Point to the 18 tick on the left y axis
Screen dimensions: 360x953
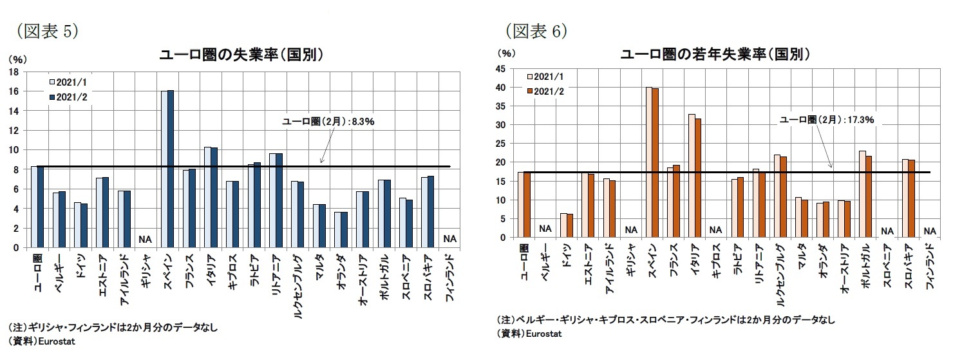coord(14,72)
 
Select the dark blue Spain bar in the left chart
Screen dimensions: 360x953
coord(171,169)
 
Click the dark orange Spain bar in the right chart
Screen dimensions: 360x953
coord(654,163)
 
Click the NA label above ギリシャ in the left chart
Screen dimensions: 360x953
coord(145,240)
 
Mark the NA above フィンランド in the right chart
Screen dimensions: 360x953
coord(929,230)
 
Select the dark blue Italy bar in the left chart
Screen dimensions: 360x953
coord(213,197)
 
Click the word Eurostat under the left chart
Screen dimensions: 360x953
coord(57,341)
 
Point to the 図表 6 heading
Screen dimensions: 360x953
coord(536,30)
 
